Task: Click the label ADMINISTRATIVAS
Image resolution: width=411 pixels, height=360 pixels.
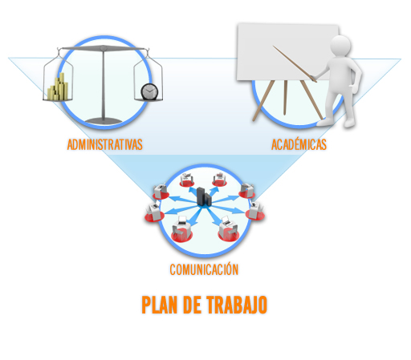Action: point(104,144)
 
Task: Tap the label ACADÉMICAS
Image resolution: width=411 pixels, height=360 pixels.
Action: point(299,144)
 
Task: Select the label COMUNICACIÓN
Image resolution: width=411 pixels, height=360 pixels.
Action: point(204,269)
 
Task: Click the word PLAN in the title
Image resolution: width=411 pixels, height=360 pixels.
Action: point(160,305)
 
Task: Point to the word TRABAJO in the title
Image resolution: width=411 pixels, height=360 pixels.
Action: point(237,305)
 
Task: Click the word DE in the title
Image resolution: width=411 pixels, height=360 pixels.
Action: point(192,305)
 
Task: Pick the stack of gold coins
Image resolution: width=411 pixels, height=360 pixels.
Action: point(59,87)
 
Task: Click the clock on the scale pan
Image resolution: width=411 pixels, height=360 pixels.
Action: point(149,91)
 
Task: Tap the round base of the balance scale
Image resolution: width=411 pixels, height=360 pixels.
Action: point(104,121)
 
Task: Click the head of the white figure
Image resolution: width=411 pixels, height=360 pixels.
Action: point(340,46)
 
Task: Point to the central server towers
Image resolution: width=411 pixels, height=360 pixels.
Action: point(204,196)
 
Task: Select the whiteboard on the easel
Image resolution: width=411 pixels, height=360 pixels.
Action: point(288,52)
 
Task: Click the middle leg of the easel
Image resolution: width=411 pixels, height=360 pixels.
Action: point(285,98)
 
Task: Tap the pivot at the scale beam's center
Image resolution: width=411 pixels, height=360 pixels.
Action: point(104,48)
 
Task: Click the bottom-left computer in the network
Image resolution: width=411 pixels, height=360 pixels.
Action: point(182,229)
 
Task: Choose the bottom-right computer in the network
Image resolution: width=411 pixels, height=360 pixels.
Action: point(228,228)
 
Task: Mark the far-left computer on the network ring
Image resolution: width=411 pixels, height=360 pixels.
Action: point(153,212)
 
